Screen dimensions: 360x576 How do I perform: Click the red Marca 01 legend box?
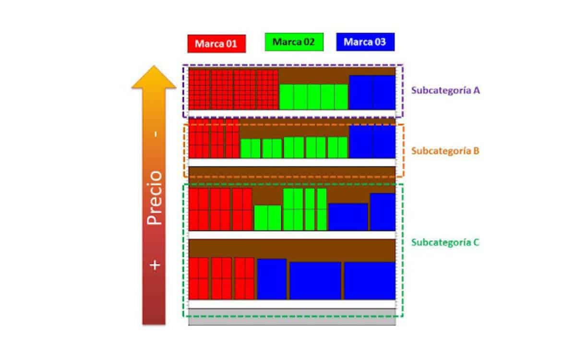[216, 43]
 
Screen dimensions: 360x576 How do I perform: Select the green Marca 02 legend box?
[294, 42]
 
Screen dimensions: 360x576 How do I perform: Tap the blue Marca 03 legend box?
[365, 42]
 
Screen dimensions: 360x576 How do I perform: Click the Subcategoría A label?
[445, 90]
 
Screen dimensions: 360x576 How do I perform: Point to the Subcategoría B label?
[445, 151]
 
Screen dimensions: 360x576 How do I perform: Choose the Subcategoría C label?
[445, 242]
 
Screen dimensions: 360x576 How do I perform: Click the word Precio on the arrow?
[155, 197]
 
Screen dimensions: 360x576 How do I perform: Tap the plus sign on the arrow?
[155, 264]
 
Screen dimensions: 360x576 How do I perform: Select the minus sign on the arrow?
[155, 134]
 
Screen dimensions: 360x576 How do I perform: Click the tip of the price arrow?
[154, 67]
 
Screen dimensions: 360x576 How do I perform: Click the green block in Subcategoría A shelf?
[313, 96]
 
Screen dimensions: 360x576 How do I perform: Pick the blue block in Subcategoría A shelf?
[372, 92]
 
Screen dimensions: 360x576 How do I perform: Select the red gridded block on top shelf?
[233, 89]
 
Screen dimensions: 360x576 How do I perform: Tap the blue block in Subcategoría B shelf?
[372, 142]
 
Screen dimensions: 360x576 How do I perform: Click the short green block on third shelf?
[267, 218]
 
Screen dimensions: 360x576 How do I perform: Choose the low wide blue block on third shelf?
[348, 216]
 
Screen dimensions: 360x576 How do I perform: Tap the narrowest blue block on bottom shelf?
[272, 279]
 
